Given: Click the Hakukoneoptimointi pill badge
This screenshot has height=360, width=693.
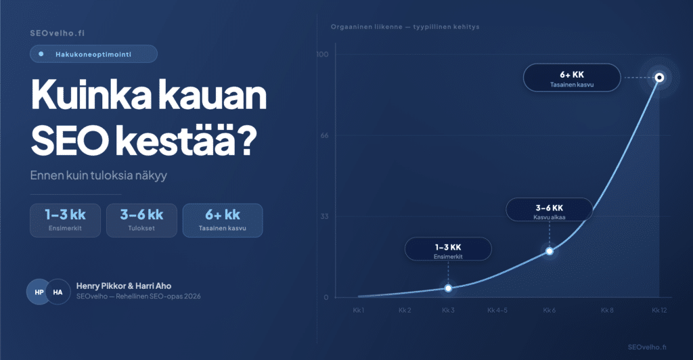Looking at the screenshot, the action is point(93,54).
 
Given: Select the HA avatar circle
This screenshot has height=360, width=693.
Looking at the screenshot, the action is point(58,292).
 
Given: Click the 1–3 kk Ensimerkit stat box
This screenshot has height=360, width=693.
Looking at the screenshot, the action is point(66,221).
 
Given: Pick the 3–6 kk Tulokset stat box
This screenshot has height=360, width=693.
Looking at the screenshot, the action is point(142,221).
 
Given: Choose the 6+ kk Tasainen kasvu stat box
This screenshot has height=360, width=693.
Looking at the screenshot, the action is point(223,221).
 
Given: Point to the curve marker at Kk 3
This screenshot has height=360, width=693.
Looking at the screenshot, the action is point(448,288).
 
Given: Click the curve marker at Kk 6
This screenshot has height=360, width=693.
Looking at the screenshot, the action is point(550,251).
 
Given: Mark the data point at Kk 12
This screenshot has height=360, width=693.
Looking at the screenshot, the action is point(659,78).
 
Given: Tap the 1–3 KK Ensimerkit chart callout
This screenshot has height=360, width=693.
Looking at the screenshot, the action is point(448,249).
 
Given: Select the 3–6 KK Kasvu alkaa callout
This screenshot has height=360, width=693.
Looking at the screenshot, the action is point(550,210).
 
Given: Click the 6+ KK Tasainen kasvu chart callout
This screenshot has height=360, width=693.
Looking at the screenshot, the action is point(572,78).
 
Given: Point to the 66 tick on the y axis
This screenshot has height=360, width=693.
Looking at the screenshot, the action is point(324,135).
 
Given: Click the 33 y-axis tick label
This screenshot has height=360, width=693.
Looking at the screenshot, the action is point(324,216).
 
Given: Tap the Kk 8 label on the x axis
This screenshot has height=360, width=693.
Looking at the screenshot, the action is point(607,310).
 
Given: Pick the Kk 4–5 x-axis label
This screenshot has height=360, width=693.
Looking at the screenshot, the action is point(497,310).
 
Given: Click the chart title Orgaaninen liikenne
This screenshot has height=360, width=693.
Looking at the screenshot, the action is point(366,27).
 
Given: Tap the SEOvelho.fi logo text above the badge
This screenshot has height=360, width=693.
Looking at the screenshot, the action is point(57,33).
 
